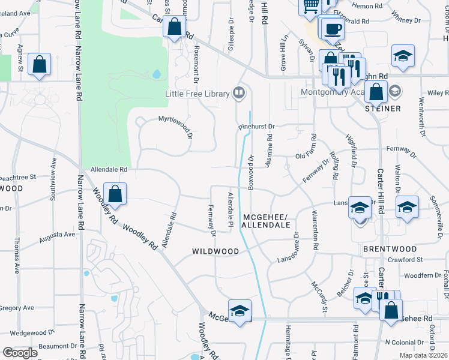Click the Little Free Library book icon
coord(239,93)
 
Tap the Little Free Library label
coord(197,94)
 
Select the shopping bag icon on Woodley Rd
coord(115,194)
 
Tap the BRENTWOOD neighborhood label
coord(390,248)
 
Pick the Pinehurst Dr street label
coord(256,127)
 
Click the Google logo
coord(20,352)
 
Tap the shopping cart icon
coord(310,7)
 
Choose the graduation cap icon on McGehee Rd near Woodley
coord(240,311)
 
